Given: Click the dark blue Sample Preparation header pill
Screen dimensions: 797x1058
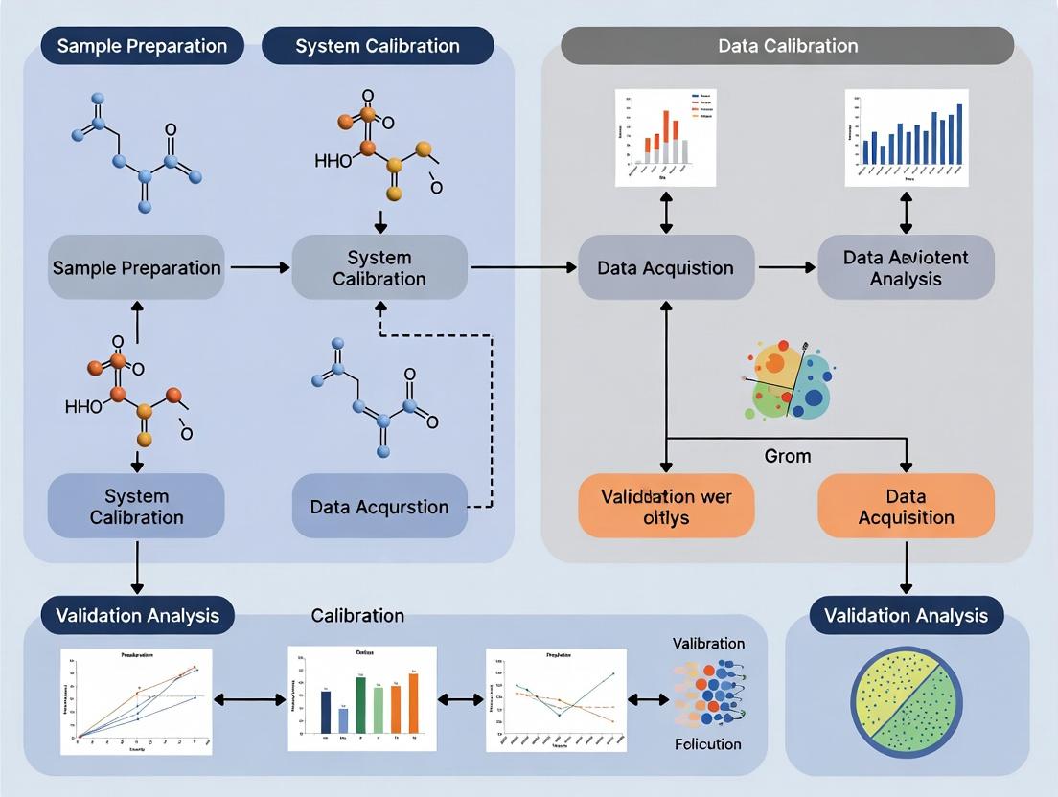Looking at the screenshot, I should (142, 46).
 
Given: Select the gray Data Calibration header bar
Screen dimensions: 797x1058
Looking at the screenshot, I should (787, 46).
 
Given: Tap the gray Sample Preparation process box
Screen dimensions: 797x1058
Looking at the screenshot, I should (136, 267).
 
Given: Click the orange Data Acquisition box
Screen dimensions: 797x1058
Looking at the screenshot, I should (906, 507).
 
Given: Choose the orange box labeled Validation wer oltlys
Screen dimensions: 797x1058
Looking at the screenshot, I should (665, 507).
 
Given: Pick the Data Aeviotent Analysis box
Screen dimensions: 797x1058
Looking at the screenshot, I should (906, 267).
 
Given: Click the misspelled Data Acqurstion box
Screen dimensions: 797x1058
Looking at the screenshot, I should (379, 506).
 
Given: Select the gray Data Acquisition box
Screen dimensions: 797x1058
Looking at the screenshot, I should (665, 267).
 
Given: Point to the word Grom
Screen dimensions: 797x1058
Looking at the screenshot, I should (787, 456).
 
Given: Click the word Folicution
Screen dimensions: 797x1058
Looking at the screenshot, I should (707, 743).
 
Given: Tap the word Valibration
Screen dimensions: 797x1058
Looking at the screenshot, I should (708, 643).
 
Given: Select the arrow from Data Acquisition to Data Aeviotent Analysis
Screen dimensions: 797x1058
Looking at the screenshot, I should (785, 267).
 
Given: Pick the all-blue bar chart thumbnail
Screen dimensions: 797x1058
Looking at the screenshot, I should (906, 138).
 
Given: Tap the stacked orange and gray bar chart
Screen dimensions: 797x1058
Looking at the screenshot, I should (666, 138).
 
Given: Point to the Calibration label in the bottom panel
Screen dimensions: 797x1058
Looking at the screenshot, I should (357, 615).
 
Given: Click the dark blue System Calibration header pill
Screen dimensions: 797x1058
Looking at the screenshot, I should (378, 46).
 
